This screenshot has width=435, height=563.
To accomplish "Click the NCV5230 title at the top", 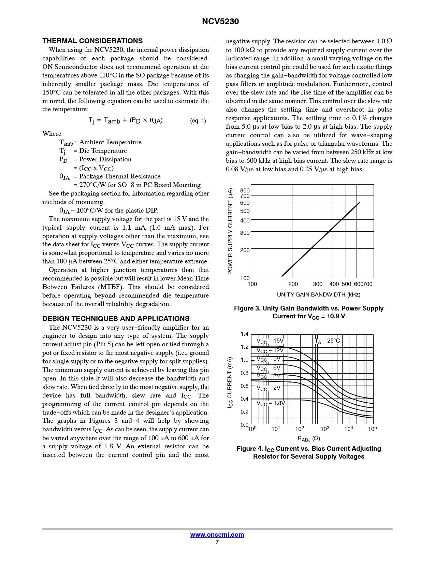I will click(220, 21).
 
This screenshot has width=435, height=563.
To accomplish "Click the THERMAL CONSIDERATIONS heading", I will click(92, 41).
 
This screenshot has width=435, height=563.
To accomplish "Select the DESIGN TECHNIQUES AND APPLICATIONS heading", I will click(116, 319).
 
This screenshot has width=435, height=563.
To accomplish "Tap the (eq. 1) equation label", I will click(198, 121).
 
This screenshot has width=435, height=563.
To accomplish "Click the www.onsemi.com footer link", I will click(217, 535).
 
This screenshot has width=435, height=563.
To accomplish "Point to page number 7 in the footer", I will click(217, 542).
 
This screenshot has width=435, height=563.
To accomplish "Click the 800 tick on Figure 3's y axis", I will click(245, 190).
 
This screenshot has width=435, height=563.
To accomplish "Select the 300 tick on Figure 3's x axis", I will click(317, 284).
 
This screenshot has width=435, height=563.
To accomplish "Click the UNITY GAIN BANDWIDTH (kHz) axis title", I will click(318, 294).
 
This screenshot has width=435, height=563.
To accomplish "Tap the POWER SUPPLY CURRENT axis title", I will click(230, 231).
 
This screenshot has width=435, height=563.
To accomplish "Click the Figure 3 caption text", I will click(308, 312).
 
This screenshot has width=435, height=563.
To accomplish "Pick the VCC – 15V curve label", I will click(270, 341).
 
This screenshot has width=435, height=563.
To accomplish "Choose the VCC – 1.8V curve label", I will click(271, 404).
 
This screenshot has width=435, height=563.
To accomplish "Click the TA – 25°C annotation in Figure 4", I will click(327, 341).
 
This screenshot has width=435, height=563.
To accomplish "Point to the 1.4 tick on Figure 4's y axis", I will click(244, 334).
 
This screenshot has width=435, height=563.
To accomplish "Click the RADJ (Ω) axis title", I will click(308, 438).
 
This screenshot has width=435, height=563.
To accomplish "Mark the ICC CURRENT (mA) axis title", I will click(230, 382).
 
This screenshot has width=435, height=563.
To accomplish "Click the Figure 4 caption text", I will click(308, 452).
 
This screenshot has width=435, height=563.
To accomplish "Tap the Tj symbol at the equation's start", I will click(91, 121).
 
